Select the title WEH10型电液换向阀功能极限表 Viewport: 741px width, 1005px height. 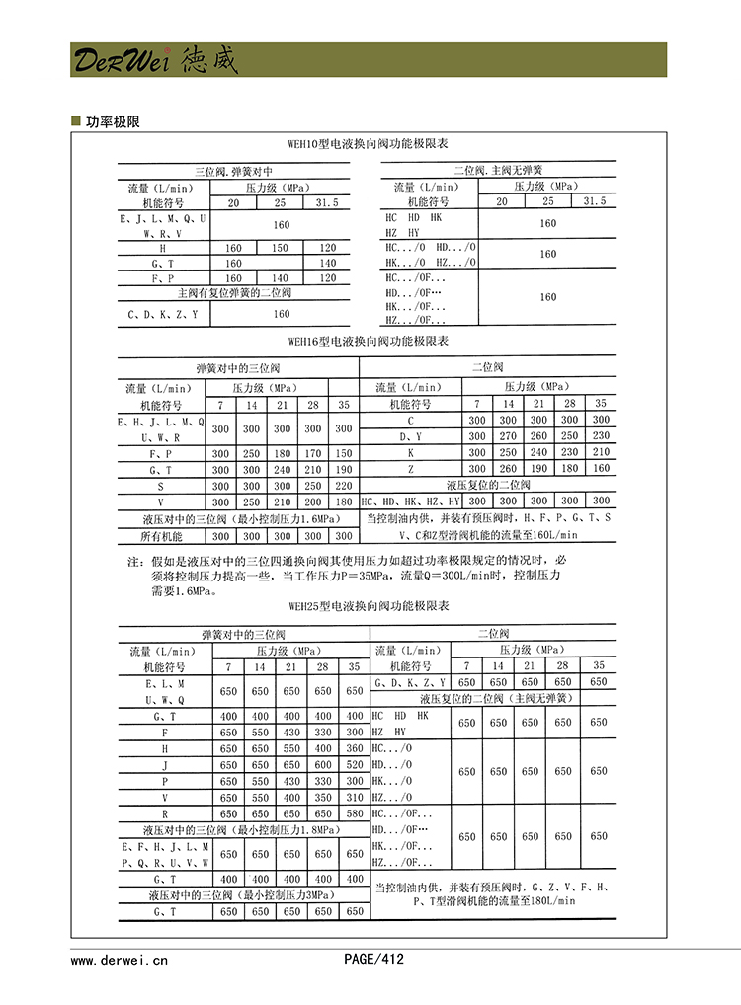click(x=368, y=144)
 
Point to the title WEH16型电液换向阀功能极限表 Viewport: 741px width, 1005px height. click(x=368, y=342)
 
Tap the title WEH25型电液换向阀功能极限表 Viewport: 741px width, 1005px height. click(x=368, y=606)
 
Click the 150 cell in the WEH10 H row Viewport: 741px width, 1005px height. click(x=281, y=248)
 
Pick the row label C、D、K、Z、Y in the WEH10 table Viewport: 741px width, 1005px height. click(x=163, y=314)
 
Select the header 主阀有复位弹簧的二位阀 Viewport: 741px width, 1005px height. click(x=234, y=293)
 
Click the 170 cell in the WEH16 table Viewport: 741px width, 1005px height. click(x=312, y=453)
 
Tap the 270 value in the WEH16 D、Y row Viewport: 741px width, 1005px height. click(x=508, y=435)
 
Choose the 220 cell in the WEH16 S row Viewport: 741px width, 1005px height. click(x=343, y=487)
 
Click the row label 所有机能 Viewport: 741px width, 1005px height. click(x=161, y=536)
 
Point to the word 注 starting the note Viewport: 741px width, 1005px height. click(x=133, y=562)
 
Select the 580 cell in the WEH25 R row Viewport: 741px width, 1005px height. click(x=355, y=813)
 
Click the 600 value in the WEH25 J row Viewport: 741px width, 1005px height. click(x=323, y=765)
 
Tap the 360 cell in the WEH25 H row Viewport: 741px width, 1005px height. click(x=355, y=749)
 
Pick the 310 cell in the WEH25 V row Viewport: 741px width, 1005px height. click(x=355, y=798)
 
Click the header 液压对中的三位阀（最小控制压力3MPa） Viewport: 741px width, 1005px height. click(x=243, y=894)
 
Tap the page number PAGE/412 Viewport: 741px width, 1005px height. click(x=373, y=959)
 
